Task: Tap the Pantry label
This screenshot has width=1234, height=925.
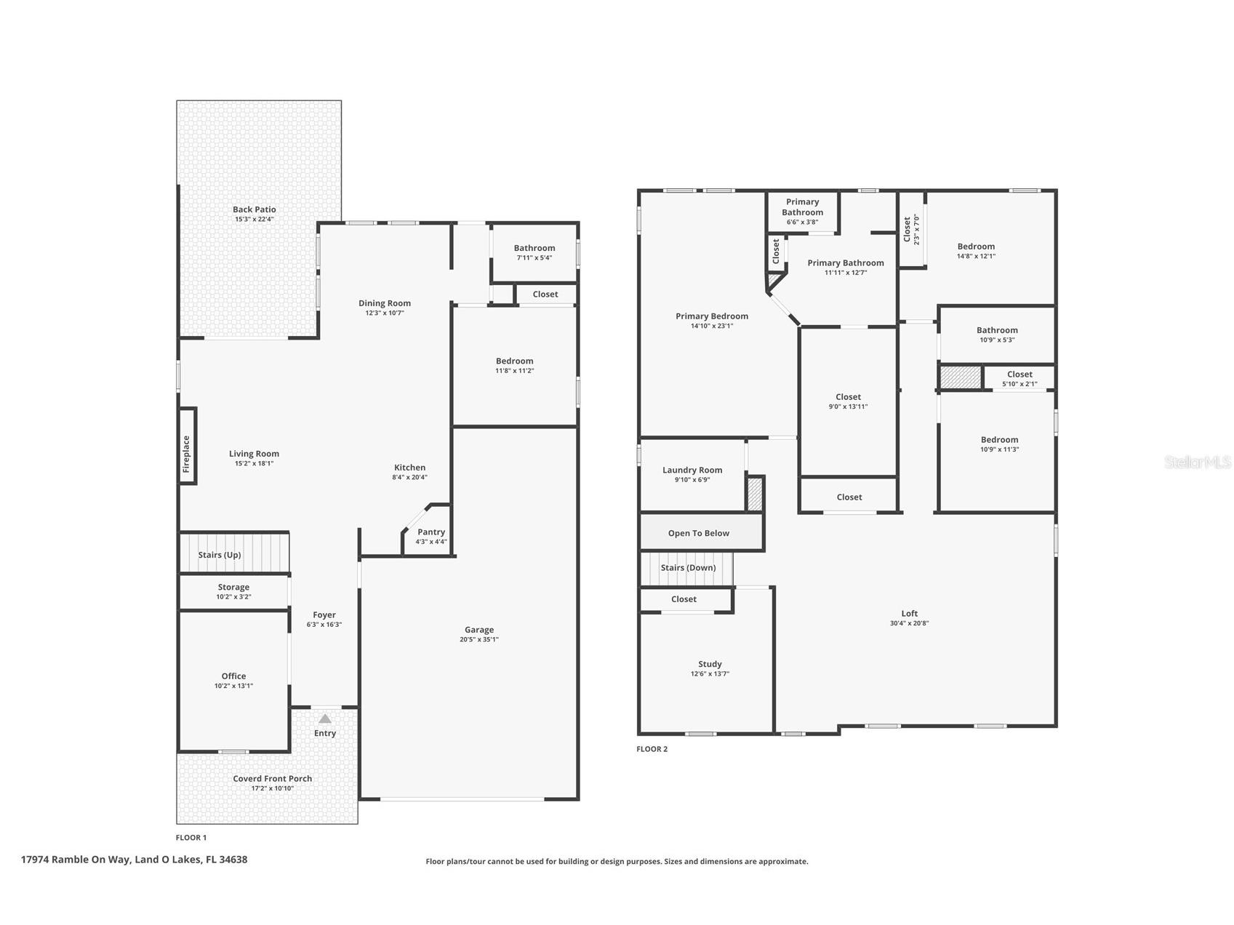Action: click(431, 532)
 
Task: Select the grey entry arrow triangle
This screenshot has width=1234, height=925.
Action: click(325, 718)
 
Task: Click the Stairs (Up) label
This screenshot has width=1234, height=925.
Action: click(220, 555)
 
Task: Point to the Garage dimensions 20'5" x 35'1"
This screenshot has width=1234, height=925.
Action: click(479, 640)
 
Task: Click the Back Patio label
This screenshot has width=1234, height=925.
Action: click(255, 209)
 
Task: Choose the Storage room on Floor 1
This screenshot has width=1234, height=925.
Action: click(233, 591)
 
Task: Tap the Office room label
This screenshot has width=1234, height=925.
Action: click(233, 676)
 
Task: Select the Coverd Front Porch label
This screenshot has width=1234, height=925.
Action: click(273, 779)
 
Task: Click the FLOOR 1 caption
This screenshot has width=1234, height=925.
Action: click(191, 838)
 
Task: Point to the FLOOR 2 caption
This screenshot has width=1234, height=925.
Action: click(652, 749)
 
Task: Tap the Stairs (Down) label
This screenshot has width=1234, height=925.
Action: click(688, 568)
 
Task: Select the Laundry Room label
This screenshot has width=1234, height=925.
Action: click(692, 470)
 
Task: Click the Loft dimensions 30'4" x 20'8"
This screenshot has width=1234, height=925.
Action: click(910, 623)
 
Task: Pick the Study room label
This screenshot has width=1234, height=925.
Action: click(710, 664)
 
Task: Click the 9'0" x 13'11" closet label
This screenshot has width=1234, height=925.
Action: click(848, 407)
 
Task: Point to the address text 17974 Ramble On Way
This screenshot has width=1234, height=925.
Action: click(76, 860)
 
